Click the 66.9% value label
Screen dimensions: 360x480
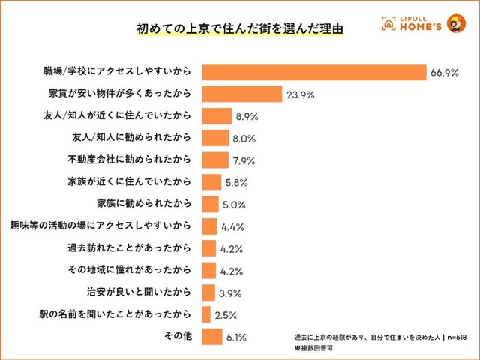(x=445, y=73)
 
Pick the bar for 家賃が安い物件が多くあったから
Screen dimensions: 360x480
(x=241, y=94)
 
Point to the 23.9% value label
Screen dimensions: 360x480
(x=298, y=95)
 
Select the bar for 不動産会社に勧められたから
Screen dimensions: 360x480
(x=215, y=160)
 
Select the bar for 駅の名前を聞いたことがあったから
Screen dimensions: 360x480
(x=206, y=313)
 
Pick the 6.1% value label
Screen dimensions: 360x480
(x=238, y=336)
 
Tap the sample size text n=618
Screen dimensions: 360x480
(x=451, y=337)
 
